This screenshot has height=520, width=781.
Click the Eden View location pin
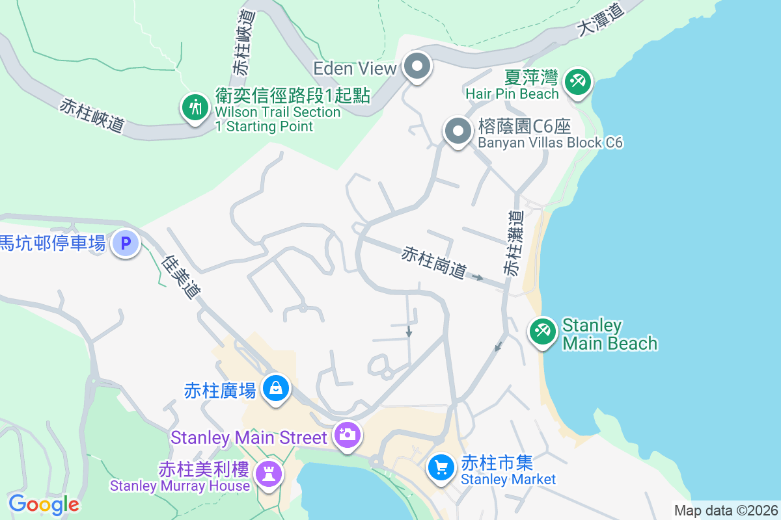pos(417,66)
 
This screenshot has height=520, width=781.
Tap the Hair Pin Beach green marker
pos(577,83)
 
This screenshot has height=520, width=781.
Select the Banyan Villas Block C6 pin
pos(458,131)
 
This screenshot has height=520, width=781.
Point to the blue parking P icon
pos(126,244)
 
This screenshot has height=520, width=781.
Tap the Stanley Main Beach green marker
pos(541,331)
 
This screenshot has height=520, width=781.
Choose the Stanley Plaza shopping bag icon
pos(276,388)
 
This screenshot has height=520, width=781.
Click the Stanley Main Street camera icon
pos(347,434)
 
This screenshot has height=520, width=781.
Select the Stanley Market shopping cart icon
pos(441,467)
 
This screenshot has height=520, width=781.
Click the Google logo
pos(44,504)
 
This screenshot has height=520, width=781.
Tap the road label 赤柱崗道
pos(434,263)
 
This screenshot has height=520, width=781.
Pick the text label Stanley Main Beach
pos(609,334)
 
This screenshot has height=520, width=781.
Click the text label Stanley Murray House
pos(180,486)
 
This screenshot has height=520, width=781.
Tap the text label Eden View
pos(355,68)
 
